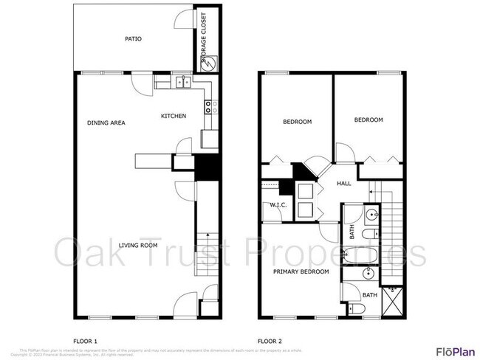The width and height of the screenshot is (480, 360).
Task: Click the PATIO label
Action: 133,39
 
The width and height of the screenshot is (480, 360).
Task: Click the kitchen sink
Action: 184,83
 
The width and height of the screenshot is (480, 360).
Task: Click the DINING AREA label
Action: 106,122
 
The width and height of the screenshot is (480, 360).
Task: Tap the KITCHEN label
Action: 174,116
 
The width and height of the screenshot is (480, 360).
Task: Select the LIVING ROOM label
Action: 139,245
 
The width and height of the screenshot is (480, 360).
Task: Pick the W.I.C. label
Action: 278,205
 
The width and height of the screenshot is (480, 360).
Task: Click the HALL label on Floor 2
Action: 344,184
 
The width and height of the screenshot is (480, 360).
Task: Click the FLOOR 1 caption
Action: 86,341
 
